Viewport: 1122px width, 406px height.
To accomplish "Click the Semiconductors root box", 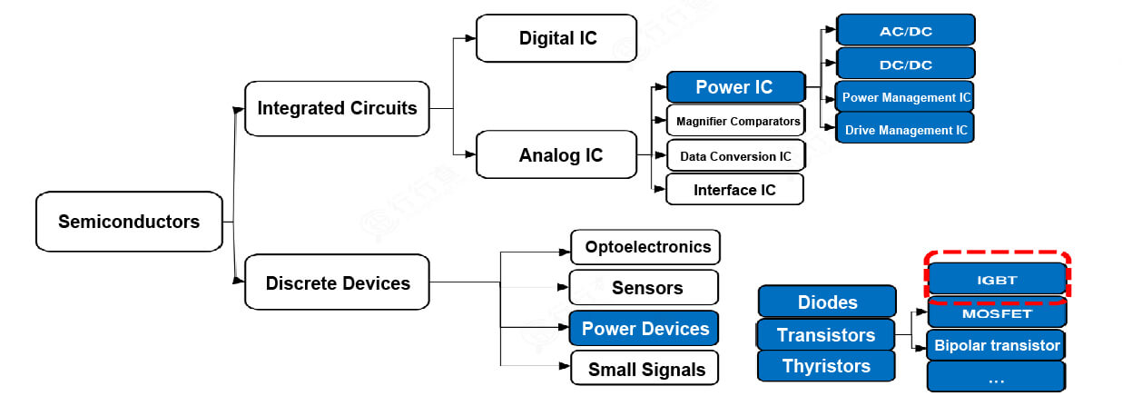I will (129, 222).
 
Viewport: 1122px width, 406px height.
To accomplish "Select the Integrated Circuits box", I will (337, 109).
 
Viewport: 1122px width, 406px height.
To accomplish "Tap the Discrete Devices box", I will (337, 283).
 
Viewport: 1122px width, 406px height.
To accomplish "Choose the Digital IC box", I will (556, 38).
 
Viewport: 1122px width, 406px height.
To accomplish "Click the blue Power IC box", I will (735, 87).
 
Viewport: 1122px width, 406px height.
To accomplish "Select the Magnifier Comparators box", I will (735, 121).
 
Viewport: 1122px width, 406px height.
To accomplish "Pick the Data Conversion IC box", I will (735, 156).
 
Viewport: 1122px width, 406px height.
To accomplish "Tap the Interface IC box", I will (735, 190).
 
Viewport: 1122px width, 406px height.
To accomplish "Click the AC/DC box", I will (905, 31).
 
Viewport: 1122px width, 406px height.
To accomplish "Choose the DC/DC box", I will (905, 64).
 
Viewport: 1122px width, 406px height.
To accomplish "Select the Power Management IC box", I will (905, 97).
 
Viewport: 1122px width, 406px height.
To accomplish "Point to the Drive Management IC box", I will (905, 130).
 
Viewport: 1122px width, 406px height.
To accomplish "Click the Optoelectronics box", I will (645, 247).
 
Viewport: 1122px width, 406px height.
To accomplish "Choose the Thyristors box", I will (826, 366).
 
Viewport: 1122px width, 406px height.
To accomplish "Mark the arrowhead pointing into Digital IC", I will (470, 38).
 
